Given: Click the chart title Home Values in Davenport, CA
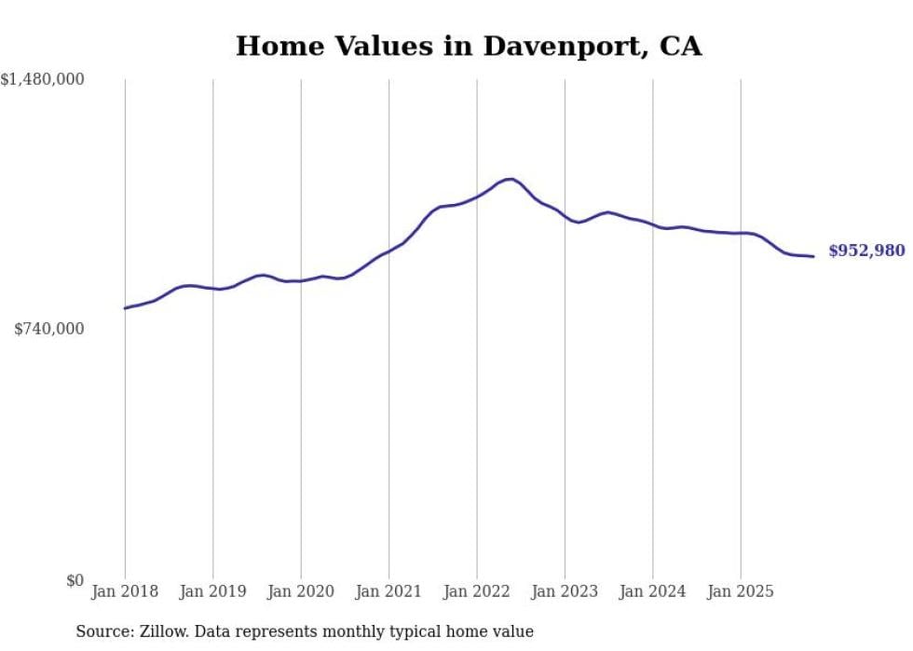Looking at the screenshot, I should (x=468, y=46).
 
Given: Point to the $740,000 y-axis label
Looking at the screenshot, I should (x=49, y=329).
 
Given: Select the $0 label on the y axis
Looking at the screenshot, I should (x=75, y=580).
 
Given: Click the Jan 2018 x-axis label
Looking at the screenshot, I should (x=125, y=591).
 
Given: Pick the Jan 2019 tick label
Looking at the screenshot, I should (x=212, y=591).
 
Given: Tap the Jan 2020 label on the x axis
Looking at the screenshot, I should (x=301, y=591).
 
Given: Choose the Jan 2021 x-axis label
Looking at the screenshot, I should (x=388, y=591).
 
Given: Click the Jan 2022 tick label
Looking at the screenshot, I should (x=477, y=591).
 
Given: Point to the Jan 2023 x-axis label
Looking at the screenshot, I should (x=565, y=591).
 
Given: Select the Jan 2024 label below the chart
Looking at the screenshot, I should (x=653, y=591).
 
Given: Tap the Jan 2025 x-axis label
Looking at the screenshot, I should (x=741, y=591).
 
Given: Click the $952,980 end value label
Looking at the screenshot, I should (x=866, y=251).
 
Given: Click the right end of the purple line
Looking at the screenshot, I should (x=813, y=256).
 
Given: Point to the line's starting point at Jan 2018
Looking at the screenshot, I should (x=125, y=308).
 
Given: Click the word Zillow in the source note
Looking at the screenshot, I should (x=166, y=631).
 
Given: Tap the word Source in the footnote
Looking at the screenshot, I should (x=102, y=631).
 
